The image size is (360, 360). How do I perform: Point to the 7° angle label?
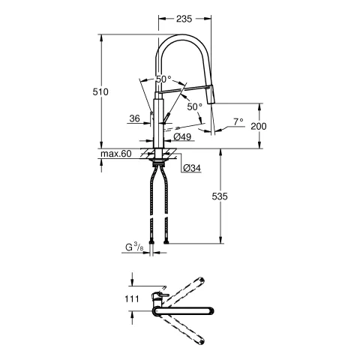[x=238, y=120]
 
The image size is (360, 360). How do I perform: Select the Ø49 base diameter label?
[x=181, y=137]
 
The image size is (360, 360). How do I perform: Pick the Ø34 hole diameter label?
[x=190, y=169]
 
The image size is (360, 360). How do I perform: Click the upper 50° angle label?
[x=163, y=79]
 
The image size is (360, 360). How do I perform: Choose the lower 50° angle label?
[x=194, y=106]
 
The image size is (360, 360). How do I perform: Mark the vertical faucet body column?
[x=158, y=120]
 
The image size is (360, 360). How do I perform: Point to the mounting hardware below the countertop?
[x=158, y=159]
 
